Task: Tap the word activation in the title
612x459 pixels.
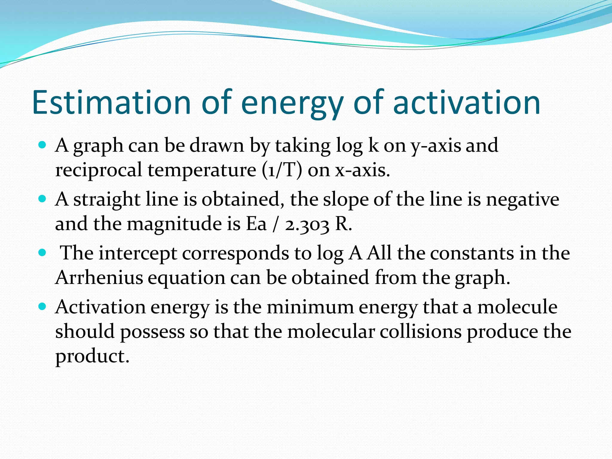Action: [466, 102]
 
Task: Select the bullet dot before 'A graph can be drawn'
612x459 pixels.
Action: [42, 145]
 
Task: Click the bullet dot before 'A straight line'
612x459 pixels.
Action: [42, 199]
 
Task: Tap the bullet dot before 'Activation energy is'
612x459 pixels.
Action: [42, 307]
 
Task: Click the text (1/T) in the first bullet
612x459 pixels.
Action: [282, 170]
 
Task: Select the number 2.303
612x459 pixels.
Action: [307, 224]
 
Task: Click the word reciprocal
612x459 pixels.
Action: [99, 171]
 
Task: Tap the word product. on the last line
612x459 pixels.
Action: [92, 357]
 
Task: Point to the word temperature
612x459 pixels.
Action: [202, 171]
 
